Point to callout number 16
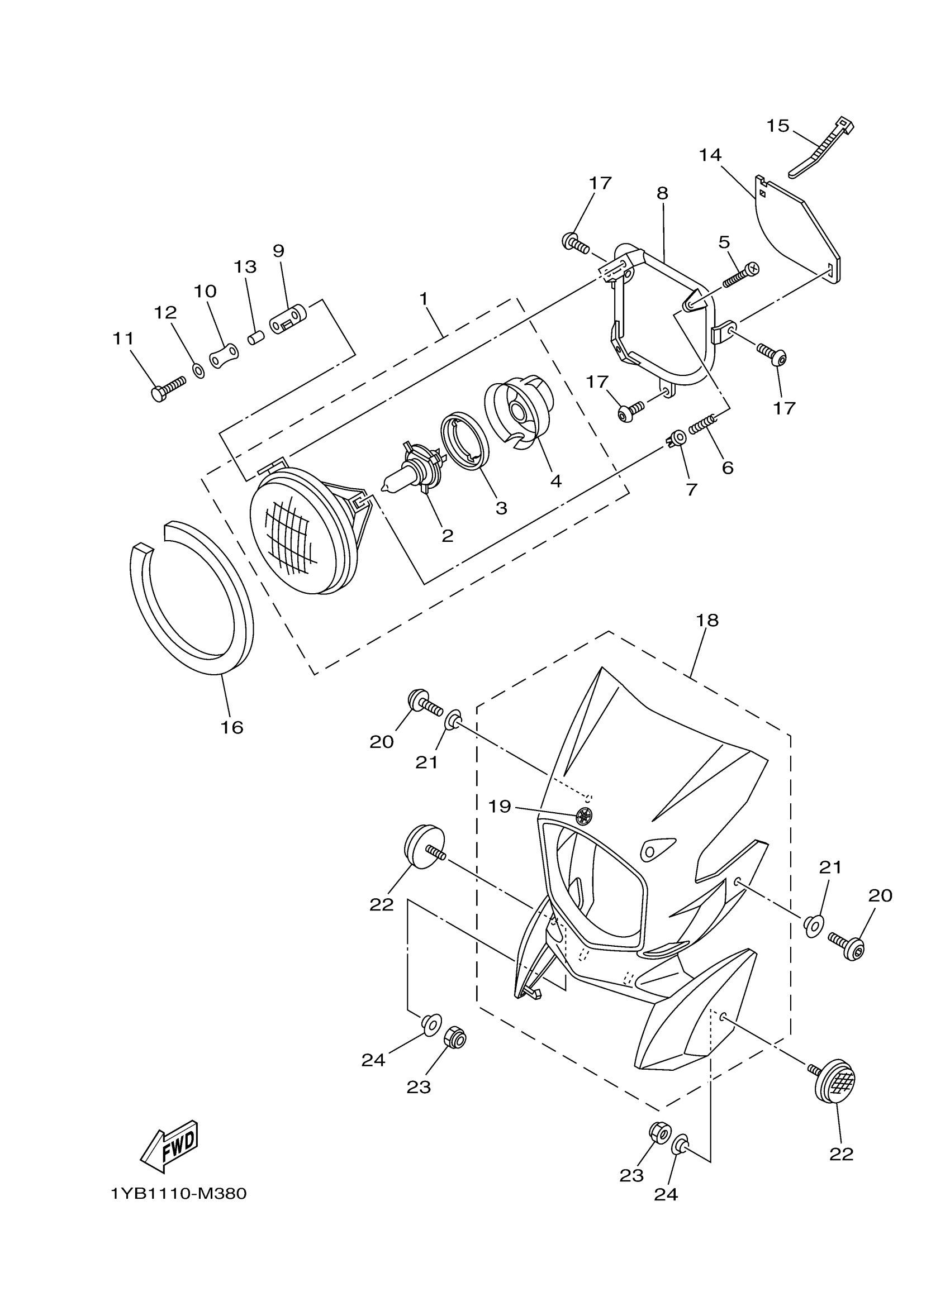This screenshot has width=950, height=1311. [x=231, y=727]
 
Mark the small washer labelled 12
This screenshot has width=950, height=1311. [x=197, y=370]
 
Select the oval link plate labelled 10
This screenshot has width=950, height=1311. [x=224, y=355]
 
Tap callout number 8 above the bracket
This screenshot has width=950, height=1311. [x=662, y=193]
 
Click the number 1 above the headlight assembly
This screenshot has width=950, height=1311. [x=424, y=299]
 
